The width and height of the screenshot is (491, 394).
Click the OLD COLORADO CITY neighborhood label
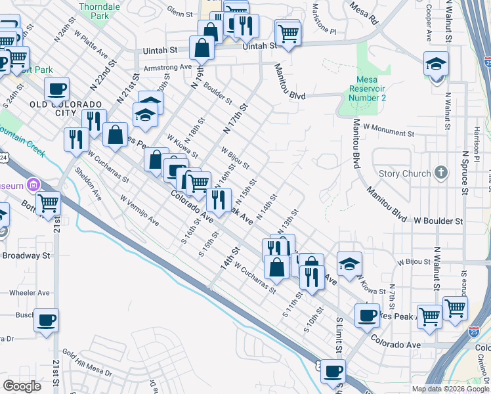coord(66,108)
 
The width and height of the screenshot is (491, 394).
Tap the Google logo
coord(22,386)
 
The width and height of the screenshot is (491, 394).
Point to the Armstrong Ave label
coord(167,67)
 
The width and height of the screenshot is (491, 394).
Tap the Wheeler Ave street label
coord(25,293)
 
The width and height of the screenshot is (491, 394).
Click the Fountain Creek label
coord(22,141)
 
